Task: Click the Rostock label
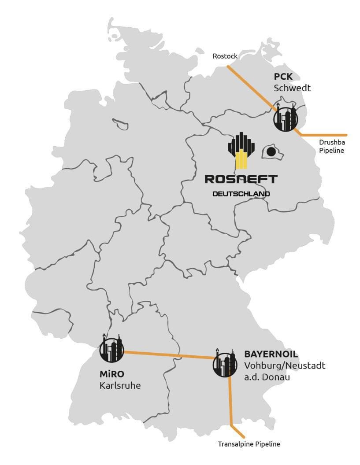[x=225, y=56]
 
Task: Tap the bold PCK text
[x=283, y=77]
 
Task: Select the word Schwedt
[x=292, y=88]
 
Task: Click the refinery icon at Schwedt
[x=285, y=118]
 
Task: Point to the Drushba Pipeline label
[x=332, y=147]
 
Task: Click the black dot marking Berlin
[x=271, y=152]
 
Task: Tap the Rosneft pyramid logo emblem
[x=241, y=150]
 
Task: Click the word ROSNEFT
[x=241, y=179]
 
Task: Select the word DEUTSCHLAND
[x=241, y=194]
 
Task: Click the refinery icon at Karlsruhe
[x=111, y=348]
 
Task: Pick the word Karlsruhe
[x=120, y=386]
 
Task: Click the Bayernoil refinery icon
[x=225, y=363]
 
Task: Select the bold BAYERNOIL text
[x=271, y=354]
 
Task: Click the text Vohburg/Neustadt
[x=285, y=365]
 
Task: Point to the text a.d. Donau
[x=267, y=377]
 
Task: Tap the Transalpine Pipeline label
[x=249, y=444]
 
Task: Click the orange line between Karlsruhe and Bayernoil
[x=169, y=355]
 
